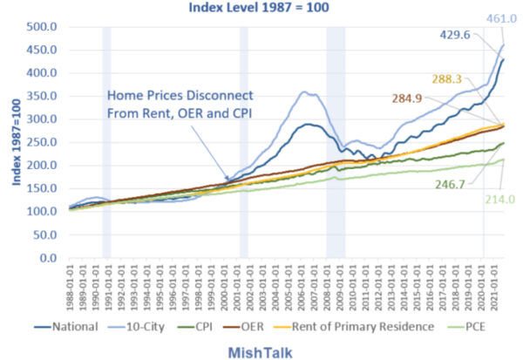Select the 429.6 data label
click(466, 35)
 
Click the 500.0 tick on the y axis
click(41, 27)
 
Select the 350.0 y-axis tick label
click(41, 96)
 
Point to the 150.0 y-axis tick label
click(41, 188)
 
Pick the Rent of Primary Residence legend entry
click(377, 327)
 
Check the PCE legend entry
click(478, 327)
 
